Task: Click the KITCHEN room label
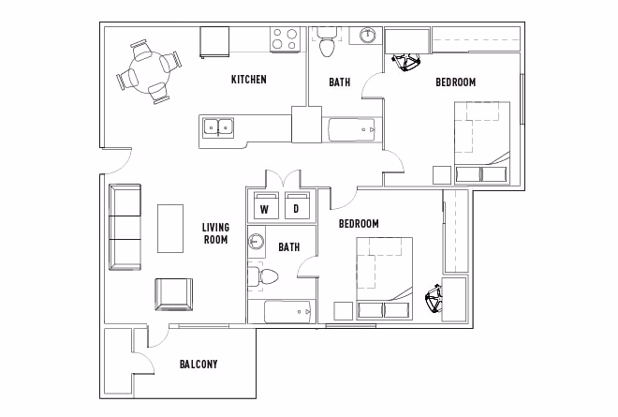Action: (248, 80)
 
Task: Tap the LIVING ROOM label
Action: (215, 233)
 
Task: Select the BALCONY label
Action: (198, 364)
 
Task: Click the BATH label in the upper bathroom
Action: (339, 82)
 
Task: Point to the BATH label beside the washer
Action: (289, 247)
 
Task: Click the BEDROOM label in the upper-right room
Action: (455, 82)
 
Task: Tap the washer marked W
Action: (264, 208)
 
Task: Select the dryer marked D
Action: (297, 208)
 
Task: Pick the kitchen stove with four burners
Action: (285, 38)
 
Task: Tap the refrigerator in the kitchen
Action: (214, 42)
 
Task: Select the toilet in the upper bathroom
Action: (326, 43)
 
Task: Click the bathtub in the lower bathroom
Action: (287, 311)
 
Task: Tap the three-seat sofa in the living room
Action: (125, 228)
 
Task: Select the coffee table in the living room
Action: (170, 228)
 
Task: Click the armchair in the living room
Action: (173, 294)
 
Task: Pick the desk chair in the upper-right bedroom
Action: (408, 63)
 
